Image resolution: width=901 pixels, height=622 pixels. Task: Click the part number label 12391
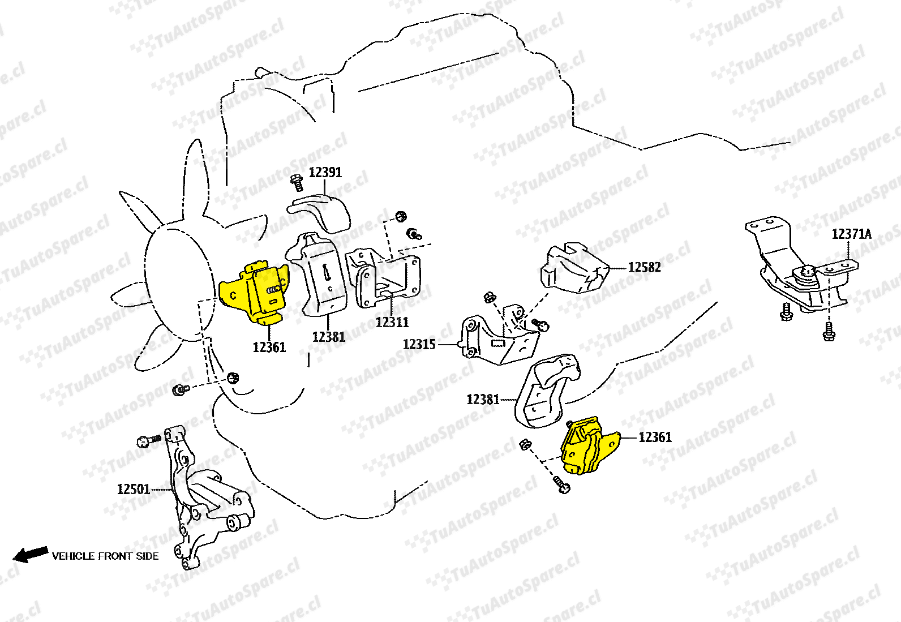(x=325, y=172)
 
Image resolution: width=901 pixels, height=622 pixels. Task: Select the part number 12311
(x=392, y=322)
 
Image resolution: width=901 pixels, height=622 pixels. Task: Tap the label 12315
(x=419, y=344)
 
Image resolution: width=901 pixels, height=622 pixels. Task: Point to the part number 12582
(x=644, y=267)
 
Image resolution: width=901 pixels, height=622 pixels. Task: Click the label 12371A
(x=851, y=234)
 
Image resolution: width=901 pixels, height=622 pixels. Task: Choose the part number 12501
(x=134, y=489)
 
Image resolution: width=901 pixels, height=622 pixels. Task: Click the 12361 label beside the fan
(x=269, y=347)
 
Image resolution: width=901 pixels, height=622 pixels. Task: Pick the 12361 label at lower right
(x=655, y=437)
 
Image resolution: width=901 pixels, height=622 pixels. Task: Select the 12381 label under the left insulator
(x=328, y=337)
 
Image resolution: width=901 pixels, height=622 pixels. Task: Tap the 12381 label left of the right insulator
(x=483, y=400)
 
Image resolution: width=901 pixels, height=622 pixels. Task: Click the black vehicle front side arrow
(x=31, y=554)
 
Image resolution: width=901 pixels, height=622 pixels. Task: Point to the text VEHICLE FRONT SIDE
(x=105, y=556)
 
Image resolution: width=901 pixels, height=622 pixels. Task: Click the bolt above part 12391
(x=297, y=182)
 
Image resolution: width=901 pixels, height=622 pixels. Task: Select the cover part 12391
(x=320, y=212)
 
